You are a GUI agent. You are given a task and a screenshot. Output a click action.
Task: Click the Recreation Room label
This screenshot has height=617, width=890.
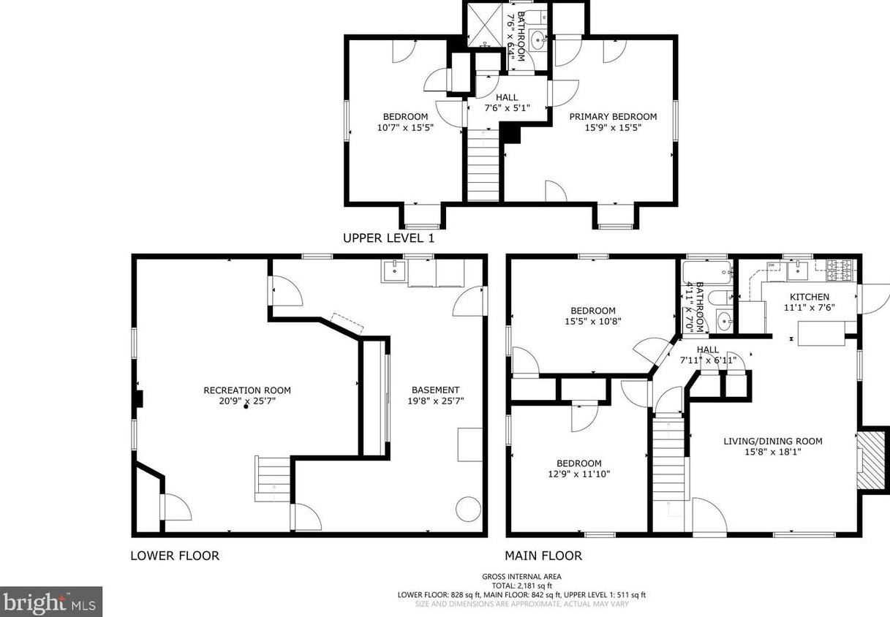click(x=246, y=390)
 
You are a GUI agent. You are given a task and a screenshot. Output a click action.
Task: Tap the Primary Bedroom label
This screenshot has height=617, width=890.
click(x=613, y=116)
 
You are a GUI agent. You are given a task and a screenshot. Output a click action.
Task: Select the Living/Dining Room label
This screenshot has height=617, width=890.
click(x=773, y=441)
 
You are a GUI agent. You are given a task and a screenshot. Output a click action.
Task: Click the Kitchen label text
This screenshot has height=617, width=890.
click(x=809, y=297)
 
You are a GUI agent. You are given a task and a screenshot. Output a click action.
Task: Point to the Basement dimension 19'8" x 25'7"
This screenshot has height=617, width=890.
click(x=435, y=401)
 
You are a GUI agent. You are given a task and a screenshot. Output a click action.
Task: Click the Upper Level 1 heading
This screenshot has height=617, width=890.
click(x=388, y=238)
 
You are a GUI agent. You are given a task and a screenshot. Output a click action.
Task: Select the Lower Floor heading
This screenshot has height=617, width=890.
click(x=174, y=556)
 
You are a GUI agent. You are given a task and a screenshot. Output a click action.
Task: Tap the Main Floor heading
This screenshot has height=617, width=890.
click(x=543, y=556)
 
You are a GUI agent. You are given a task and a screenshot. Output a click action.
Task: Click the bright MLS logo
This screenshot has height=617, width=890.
click(x=50, y=602)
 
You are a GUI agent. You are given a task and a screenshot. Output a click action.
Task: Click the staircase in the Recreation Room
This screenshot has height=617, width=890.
click(x=272, y=478)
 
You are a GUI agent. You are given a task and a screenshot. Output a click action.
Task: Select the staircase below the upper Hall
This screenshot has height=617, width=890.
click(x=483, y=164)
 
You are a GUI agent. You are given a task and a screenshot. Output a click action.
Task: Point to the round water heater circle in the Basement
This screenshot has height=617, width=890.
click(x=468, y=508)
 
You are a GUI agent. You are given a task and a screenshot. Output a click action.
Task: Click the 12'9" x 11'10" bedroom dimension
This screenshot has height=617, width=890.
click(x=578, y=474)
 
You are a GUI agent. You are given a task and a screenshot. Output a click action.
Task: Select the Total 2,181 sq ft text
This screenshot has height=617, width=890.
click(x=521, y=586)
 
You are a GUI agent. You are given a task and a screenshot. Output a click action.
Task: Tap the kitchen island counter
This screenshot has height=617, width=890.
click(x=821, y=334)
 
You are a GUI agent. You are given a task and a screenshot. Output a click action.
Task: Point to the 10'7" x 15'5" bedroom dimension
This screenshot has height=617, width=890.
click(x=405, y=127)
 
